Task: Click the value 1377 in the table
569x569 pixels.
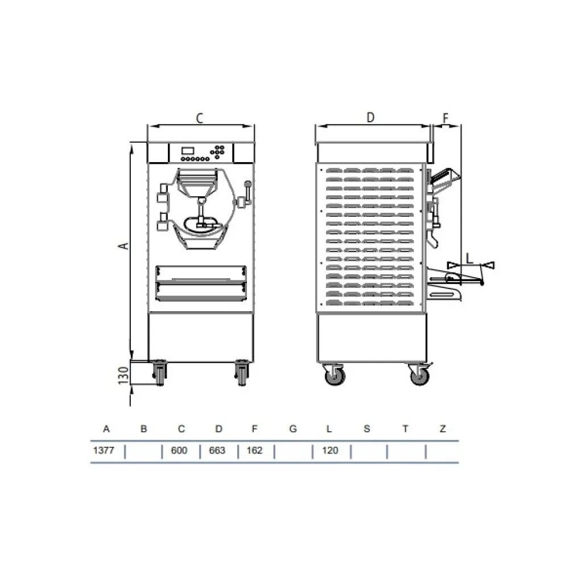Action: coord(104,451)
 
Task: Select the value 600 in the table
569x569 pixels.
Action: coord(179,451)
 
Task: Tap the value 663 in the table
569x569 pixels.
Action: coord(217,451)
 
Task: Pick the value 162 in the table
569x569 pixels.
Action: coord(254,451)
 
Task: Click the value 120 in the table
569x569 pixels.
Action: coord(330,451)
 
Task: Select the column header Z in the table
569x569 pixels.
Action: coord(443,429)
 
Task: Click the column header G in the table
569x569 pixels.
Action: coord(293,429)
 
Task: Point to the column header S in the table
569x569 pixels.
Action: coord(367,429)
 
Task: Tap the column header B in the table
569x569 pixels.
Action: coord(143,429)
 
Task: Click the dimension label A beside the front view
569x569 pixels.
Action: coord(122,245)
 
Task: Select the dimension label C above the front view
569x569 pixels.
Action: coord(200,118)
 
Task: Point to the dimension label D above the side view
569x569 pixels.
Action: coord(370,118)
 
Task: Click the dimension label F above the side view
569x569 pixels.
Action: coord(446,118)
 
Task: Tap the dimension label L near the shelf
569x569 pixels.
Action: coord(469,258)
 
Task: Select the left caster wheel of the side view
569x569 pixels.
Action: coord(333,376)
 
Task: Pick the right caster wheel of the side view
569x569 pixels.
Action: coord(419,376)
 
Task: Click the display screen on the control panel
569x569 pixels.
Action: coord(188,150)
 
